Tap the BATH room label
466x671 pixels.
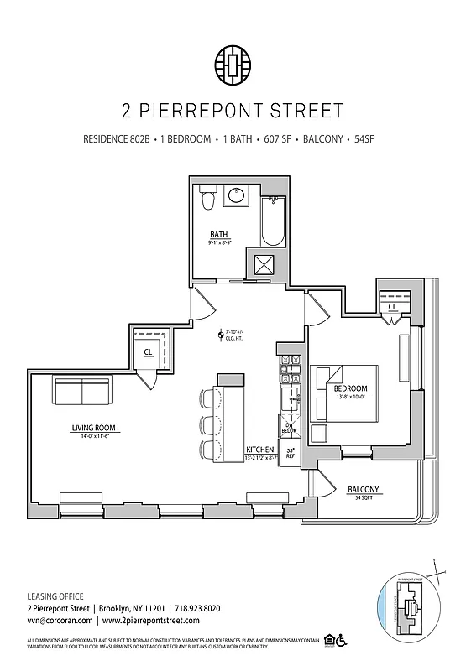220,234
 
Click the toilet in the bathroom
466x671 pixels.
209,200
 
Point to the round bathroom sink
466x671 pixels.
238,195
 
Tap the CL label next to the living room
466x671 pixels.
147,353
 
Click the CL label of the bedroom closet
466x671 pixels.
392,308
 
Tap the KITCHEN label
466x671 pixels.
259,450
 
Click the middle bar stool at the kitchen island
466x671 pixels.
206,423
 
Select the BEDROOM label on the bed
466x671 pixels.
350,389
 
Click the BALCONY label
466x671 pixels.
362,489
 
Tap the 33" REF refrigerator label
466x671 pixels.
291,454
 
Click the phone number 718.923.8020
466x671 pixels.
197,608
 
